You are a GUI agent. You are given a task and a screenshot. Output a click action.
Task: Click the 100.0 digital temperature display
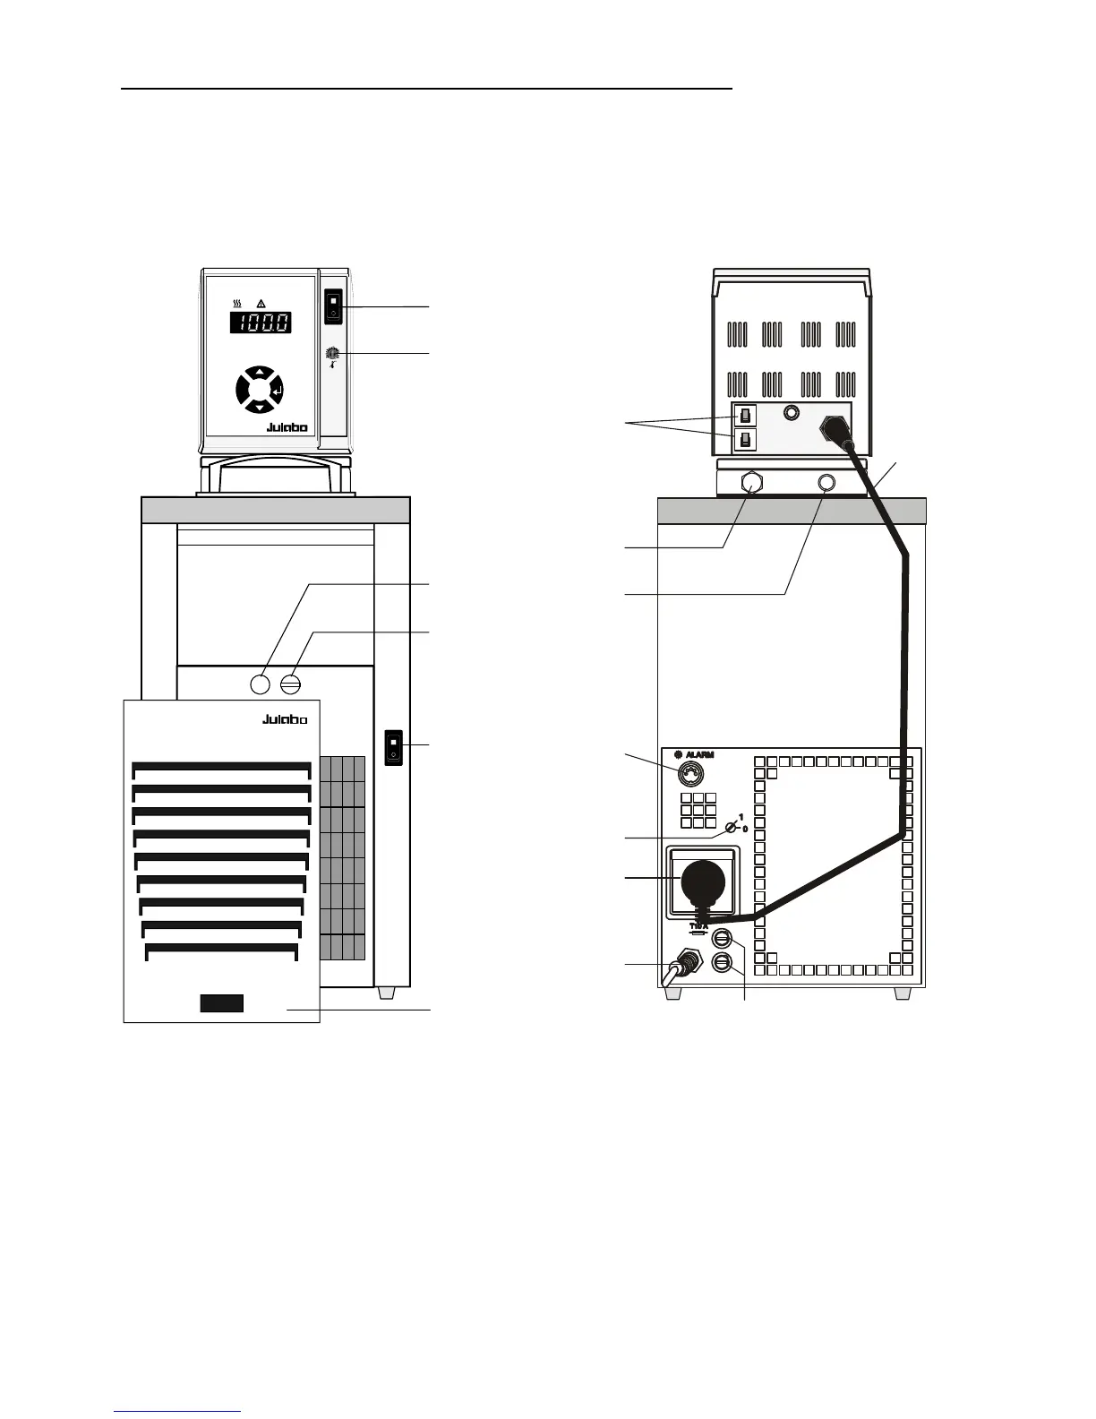261,322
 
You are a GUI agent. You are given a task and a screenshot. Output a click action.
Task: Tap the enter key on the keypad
278,391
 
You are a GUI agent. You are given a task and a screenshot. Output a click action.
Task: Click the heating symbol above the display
237,304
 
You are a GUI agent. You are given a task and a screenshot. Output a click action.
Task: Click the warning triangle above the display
261,304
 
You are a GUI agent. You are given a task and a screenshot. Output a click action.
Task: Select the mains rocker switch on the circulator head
333,305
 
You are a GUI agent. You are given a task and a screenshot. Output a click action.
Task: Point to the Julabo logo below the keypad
287,427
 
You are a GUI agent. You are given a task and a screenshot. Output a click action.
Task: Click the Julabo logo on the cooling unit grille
285,719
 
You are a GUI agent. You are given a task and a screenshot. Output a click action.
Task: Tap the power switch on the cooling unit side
392,747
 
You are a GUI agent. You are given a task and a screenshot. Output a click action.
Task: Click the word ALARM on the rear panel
699,755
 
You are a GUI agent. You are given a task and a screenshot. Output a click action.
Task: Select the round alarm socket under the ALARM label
685,773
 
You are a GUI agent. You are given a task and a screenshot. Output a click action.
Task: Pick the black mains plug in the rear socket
703,883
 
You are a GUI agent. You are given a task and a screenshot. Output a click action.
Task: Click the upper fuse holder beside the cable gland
724,940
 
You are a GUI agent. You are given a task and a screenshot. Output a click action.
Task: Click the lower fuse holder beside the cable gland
724,963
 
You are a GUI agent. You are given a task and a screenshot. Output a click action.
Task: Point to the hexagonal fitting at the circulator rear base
752,483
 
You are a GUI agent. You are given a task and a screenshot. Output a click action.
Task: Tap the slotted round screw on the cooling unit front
290,684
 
